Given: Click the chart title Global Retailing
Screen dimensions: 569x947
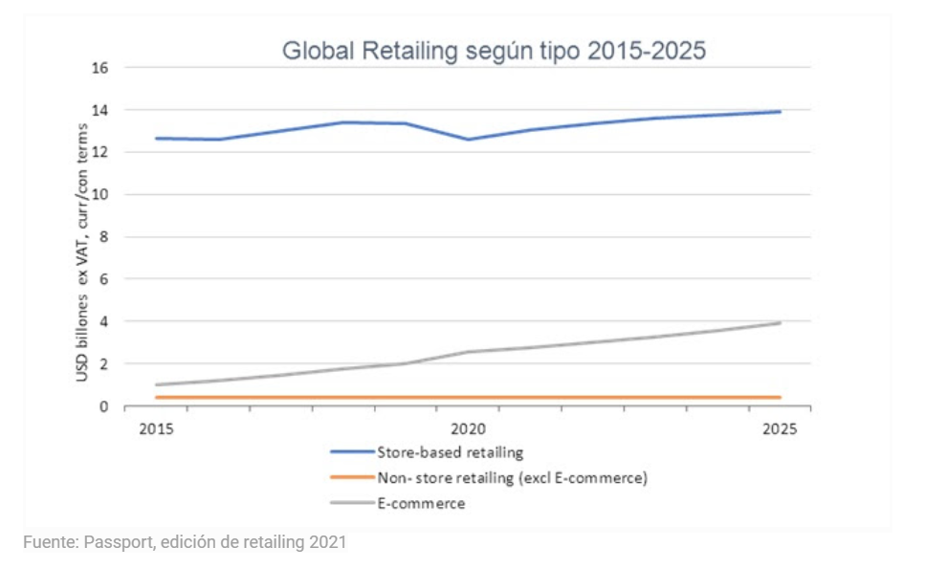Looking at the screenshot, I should [494, 51].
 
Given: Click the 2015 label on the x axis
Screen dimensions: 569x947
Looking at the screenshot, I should [155, 428].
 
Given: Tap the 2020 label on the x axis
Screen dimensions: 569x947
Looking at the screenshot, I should [467, 428].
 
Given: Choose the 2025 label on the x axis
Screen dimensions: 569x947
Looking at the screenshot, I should [779, 428].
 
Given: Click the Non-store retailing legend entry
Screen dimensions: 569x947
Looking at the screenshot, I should [512, 477].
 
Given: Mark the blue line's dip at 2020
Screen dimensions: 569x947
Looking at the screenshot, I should [468, 140].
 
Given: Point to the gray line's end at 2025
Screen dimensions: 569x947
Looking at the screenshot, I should [780, 323].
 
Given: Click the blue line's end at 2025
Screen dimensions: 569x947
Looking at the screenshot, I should [780, 112].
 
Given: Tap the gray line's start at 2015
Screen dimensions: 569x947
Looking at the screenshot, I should [156, 384].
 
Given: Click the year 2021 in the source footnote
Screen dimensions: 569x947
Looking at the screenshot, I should [328, 543].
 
